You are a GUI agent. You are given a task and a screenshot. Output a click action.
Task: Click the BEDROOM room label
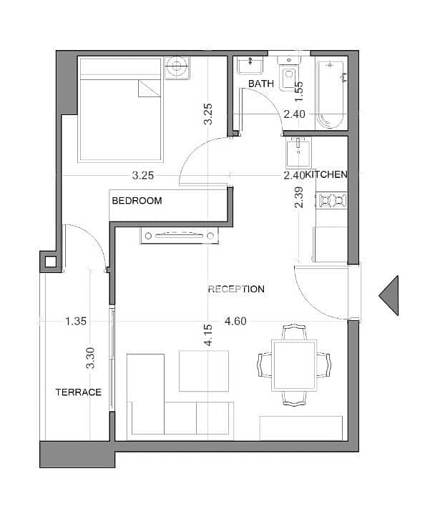coord(137,201)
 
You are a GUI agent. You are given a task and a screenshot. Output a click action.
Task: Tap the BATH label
coord(261,84)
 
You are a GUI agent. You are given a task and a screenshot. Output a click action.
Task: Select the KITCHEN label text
coord(326,174)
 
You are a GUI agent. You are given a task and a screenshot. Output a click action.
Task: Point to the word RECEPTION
coord(236,289)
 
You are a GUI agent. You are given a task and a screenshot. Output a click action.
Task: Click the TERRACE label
coord(78,392)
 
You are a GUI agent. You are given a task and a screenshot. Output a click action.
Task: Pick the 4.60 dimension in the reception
coord(235,322)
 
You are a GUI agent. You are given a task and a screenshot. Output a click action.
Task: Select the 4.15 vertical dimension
coord(208,335)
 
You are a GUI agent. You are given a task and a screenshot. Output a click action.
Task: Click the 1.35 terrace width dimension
coord(76,322)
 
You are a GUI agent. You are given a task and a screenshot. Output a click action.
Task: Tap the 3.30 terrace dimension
coord(90,358)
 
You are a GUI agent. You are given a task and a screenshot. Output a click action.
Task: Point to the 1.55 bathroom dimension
coord(298,91)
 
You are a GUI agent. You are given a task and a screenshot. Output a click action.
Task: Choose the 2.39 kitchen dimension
coord(298,197)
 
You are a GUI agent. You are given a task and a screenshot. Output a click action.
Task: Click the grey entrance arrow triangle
coord(389,296)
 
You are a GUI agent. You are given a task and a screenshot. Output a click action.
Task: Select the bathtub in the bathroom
coord(331,95)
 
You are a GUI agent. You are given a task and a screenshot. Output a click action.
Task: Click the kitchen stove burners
coord(332,200)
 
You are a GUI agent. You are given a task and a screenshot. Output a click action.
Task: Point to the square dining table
coord(294,365)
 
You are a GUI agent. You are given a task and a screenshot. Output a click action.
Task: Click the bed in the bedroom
coord(120,109)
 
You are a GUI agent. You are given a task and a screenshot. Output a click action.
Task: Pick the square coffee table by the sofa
coord(204,371)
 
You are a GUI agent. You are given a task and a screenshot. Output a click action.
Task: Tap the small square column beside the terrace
coord(50,262)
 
